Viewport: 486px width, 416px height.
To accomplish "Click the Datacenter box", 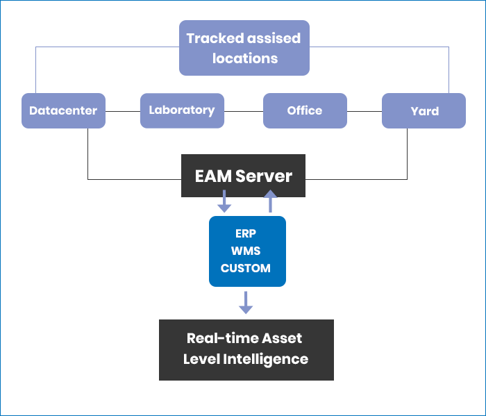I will pyautogui.click(x=63, y=110).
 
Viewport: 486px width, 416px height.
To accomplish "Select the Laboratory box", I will pyautogui.click(x=182, y=110).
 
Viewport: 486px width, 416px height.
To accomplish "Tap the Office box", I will pyautogui.click(x=305, y=110).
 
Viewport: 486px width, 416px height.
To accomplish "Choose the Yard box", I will pyautogui.click(x=424, y=110).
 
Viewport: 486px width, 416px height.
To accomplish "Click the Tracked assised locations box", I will pyautogui.click(x=244, y=48).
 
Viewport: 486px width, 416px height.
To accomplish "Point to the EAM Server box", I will pyautogui.click(x=243, y=176).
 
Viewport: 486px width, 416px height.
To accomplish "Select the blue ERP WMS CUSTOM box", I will pyautogui.click(x=247, y=251).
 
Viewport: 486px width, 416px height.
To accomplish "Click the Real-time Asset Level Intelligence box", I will pyautogui.click(x=246, y=349).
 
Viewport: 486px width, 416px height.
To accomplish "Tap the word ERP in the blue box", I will pyautogui.click(x=246, y=233).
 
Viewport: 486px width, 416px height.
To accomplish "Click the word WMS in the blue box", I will pyautogui.click(x=246, y=251).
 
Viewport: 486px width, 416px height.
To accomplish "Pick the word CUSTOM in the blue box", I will pyautogui.click(x=246, y=268).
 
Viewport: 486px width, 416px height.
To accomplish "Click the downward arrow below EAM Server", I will pyautogui.click(x=224, y=203).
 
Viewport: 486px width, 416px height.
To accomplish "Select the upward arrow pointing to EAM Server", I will pyautogui.click(x=271, y=202).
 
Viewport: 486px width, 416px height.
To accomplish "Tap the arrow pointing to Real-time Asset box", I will pyautogui.click(x=245, y=303).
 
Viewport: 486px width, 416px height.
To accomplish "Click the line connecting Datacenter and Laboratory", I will pyautogui.click(x=123, y=110).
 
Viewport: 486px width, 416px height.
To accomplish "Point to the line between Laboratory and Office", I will pyautogui.click(x=244, y=110).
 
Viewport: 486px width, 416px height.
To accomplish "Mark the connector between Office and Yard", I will pyautogui.click(x=364, y=110).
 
